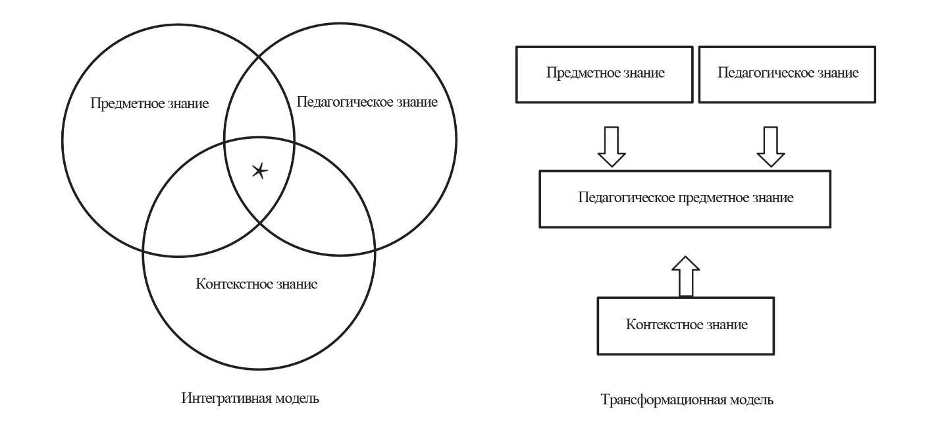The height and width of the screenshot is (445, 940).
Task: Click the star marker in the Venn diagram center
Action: (260, 171)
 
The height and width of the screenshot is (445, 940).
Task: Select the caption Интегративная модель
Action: (250, 398)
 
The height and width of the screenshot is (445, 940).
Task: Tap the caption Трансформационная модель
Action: (687, 399)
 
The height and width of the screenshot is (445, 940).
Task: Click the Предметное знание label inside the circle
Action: (150, 103)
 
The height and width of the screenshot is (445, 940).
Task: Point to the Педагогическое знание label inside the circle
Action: (367, 102)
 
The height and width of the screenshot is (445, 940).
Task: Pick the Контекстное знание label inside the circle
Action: (257, 284)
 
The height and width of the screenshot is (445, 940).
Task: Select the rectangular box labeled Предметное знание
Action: (604, 74)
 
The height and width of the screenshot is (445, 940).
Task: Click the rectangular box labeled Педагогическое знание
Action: (787, 74)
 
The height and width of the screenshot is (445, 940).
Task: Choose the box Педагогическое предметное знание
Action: (685, 199)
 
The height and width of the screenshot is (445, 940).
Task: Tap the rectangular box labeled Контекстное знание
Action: (686, 327)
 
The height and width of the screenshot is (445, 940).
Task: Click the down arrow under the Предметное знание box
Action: (612, 147)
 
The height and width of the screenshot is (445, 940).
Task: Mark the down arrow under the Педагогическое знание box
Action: (771, 147)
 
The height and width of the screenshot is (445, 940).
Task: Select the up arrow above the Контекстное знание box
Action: (686, 276)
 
